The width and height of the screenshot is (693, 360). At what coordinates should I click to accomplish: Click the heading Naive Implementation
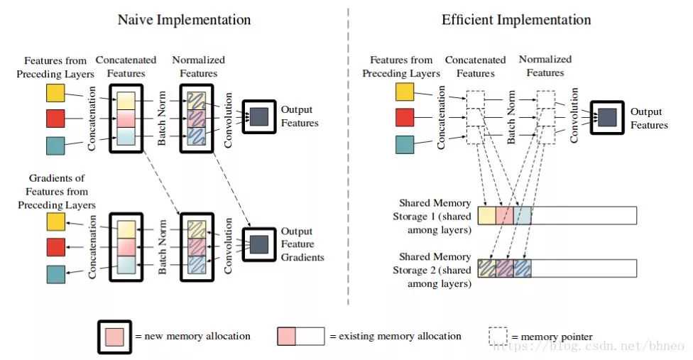[x=184, y=19]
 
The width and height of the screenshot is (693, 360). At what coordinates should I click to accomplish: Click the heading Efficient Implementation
[x=516, y=19]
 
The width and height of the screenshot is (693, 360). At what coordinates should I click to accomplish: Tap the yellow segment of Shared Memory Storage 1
[x=487, y=215]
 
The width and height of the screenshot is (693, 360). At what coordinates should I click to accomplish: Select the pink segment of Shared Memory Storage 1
[x=504, y=215]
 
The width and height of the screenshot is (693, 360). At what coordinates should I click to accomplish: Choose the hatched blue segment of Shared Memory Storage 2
[x=522, y=268]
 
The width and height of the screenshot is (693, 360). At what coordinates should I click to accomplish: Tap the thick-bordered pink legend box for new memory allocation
[x=115, y=336]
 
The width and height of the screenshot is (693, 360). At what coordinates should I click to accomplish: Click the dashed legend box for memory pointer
[x=499, y=336]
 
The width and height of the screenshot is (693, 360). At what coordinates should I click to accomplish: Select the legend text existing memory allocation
[x=395, y=336]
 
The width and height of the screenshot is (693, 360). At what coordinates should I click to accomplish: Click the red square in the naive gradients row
[x=55, y=247]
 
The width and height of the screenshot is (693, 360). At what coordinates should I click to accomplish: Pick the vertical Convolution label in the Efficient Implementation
[x=574, y=116]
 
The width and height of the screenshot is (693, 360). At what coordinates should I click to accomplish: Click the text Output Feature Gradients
[x=302, y=244]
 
